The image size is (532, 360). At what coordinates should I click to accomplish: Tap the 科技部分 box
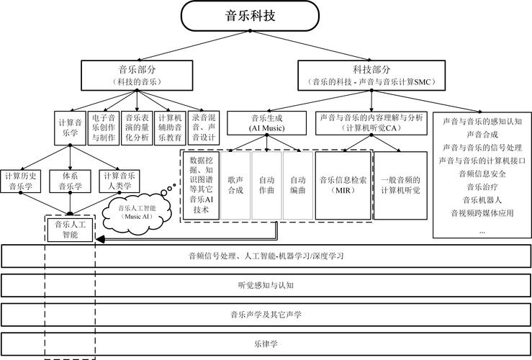pos(371,75)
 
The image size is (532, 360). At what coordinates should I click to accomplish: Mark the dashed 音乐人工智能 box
pos(70,230)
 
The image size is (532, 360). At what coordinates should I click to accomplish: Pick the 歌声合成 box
pos(235,185)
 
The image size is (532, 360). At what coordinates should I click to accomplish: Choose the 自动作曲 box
pos(266,185)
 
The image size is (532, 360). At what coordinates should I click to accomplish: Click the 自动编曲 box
pos(297,185)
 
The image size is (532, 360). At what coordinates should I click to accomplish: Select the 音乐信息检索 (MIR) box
pos(343,185)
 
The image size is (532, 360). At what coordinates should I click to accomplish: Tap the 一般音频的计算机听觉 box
pos(400,185)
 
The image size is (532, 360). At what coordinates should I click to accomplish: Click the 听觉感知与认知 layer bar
pos(265,285)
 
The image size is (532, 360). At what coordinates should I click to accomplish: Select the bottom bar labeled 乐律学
pos(265,343)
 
